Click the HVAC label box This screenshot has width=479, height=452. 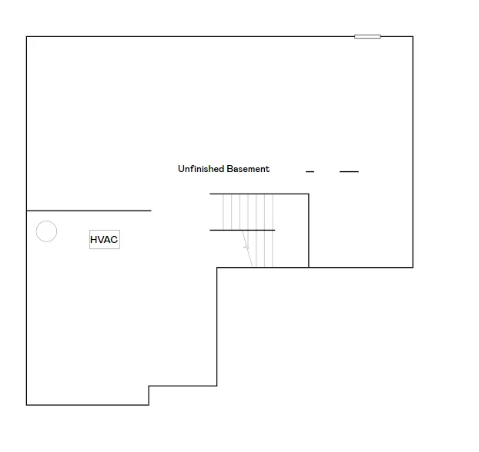[105, 239]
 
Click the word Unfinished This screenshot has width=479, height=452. [201, 169]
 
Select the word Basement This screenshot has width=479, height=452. [249, 169]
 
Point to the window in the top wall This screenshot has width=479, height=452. [367, 36]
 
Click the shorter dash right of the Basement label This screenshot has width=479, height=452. [310, 172]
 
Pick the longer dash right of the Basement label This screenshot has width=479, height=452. [349, 172]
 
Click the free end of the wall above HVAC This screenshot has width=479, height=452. [151, 211]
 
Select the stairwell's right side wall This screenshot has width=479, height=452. [309, 231]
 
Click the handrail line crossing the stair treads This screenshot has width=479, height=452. [243, 230]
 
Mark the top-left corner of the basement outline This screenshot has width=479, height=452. [27, 37]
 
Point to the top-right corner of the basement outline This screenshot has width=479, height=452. [413, 37]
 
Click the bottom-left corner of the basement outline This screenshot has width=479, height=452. [27, 405]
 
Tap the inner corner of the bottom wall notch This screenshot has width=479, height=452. [149, 386]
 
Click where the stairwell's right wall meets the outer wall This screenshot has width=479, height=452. [309, 267]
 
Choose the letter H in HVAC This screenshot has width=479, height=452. [93, 240]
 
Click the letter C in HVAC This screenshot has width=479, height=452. [114, 240]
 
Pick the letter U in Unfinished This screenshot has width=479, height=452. [180, 169]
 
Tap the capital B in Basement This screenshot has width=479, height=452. [229, 169]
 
